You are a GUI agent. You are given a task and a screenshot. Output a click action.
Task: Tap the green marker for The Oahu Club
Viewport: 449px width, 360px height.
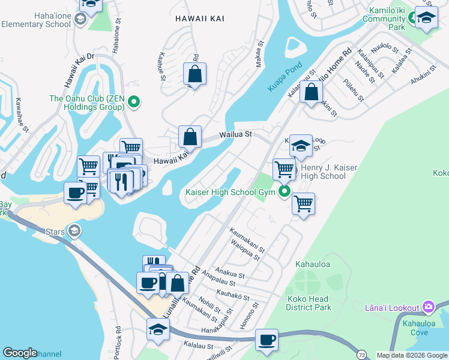click(x=134, y=103)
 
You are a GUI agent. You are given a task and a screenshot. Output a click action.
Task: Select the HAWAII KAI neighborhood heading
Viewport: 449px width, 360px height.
click(x=200, y=19)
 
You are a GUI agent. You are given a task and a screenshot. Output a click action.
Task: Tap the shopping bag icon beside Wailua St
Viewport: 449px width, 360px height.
click(x=190, y=137)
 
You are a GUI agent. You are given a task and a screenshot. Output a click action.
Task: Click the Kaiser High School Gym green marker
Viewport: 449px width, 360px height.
click(x=283, y=193)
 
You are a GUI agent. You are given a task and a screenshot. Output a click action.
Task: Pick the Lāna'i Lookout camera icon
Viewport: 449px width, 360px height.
click(x=428, y=307)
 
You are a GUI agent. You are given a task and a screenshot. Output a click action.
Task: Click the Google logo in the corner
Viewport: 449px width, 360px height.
click(x=20, y=353)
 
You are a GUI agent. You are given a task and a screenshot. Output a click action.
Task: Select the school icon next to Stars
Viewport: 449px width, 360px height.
click(x=74, y=230)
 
